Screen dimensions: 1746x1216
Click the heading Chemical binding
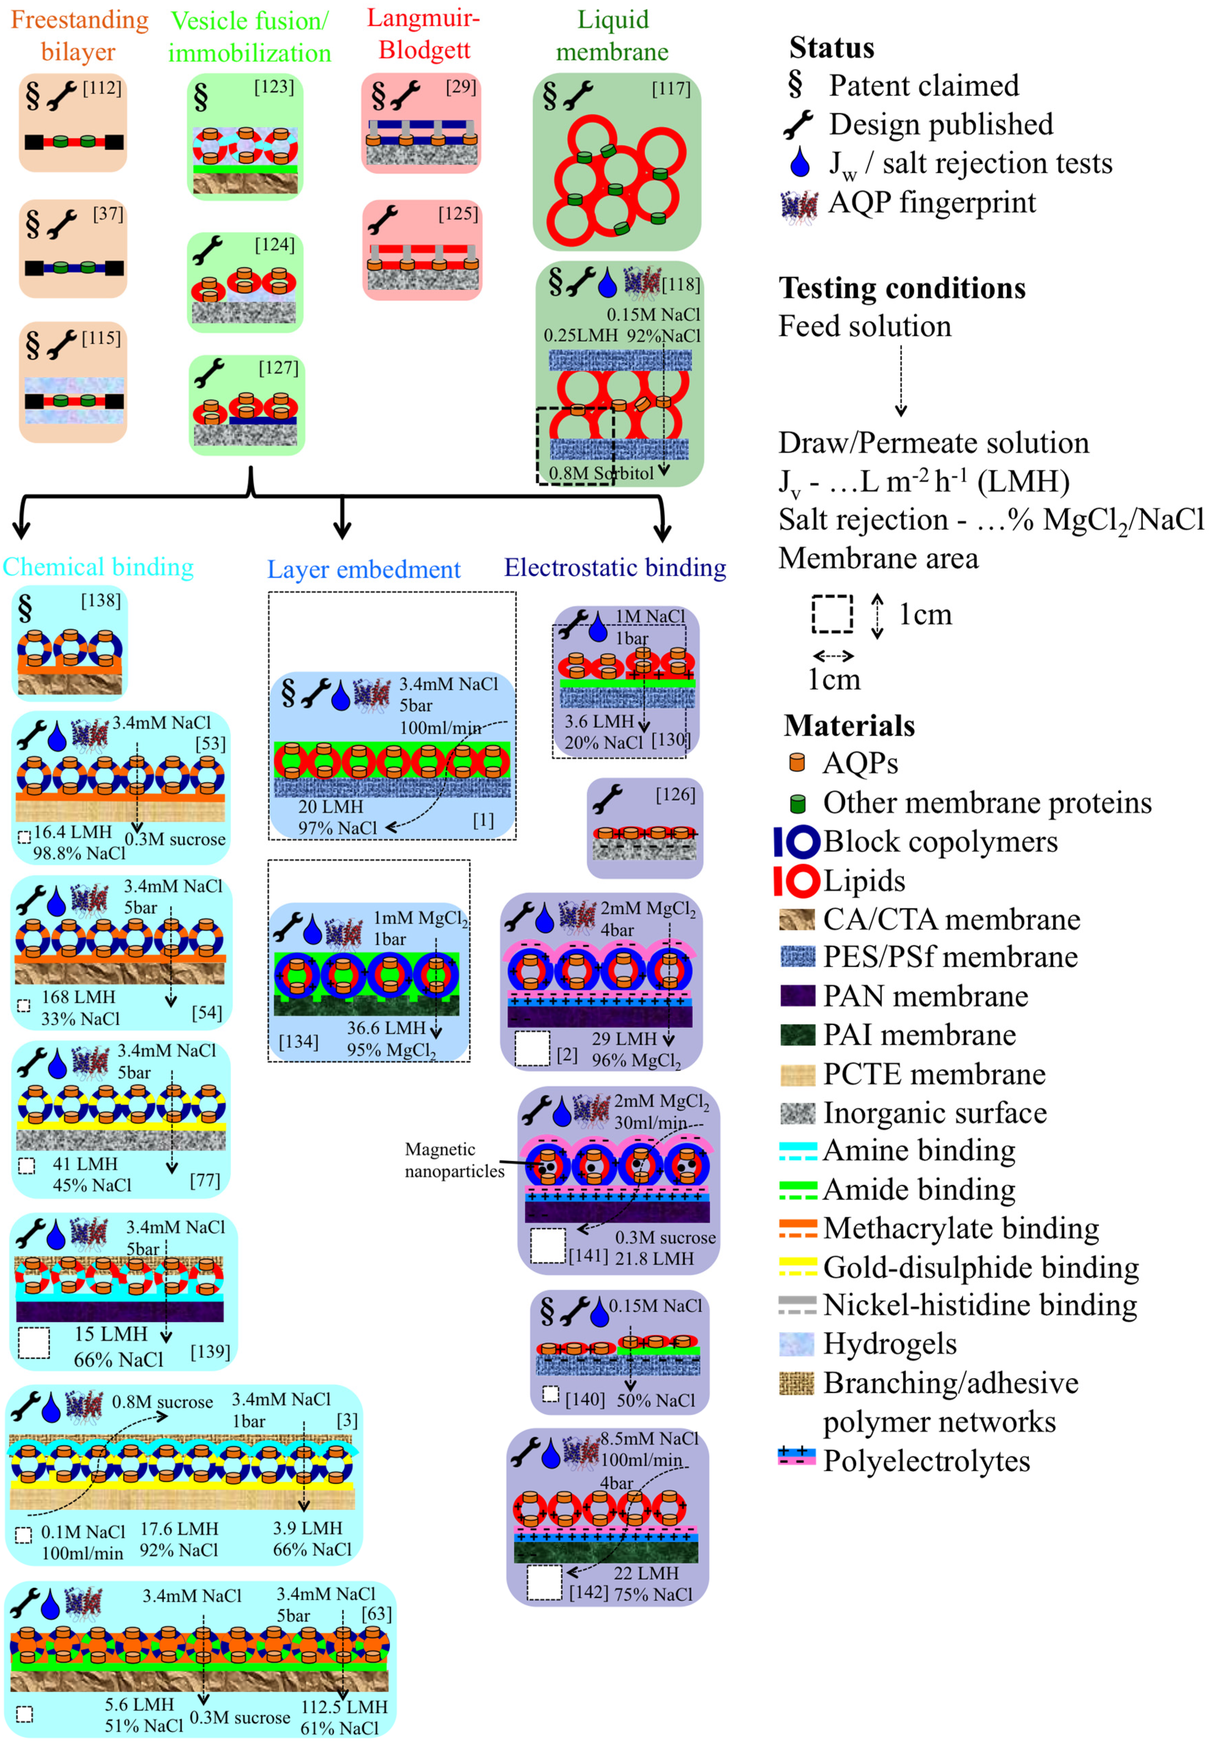pos(98,567)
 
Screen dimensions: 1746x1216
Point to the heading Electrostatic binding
pos(615,568)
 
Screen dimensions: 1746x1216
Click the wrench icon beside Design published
pos(798,125)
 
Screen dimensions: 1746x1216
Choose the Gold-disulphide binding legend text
pos(980,1268)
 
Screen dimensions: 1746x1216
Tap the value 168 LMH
pos(78,997)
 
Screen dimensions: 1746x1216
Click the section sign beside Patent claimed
pos(795,85)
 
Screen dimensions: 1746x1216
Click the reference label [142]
pos(588,1592)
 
